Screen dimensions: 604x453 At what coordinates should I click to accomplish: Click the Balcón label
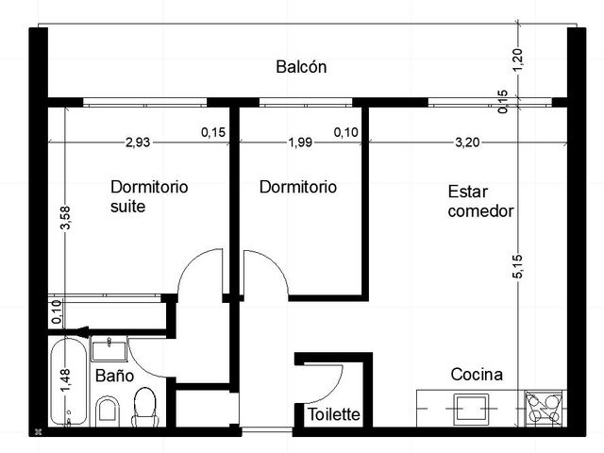tap(301, 67)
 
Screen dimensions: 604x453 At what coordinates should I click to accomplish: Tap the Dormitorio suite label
tap(149, 196)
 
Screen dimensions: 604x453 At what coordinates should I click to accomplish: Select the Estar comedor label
tap(480, 201)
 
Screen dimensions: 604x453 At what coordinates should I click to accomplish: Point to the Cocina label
tap(477, 375)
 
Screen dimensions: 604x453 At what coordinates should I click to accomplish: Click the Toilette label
tap(333, 414)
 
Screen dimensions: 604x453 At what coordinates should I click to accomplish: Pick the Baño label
tap(114, 376)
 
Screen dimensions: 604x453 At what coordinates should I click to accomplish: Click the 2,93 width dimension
tap(138, 143)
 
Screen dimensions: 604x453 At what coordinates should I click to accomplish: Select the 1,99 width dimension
tap(300, 143)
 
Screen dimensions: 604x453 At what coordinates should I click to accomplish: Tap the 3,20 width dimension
tap(467, 143)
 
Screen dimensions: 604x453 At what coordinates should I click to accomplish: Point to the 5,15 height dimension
tap(518, 266)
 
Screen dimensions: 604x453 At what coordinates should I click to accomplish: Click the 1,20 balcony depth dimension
tap(518, 59)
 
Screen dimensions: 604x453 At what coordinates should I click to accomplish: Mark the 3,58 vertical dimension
tap(65, 218)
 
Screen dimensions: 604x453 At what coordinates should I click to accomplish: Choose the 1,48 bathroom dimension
tap(65, 380)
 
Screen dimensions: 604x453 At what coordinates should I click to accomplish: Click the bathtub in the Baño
tap(69, 382)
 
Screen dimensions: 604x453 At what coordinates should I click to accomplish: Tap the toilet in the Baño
tap(144, 408)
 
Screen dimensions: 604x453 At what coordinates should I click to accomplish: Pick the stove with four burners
tap(544, 409)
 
